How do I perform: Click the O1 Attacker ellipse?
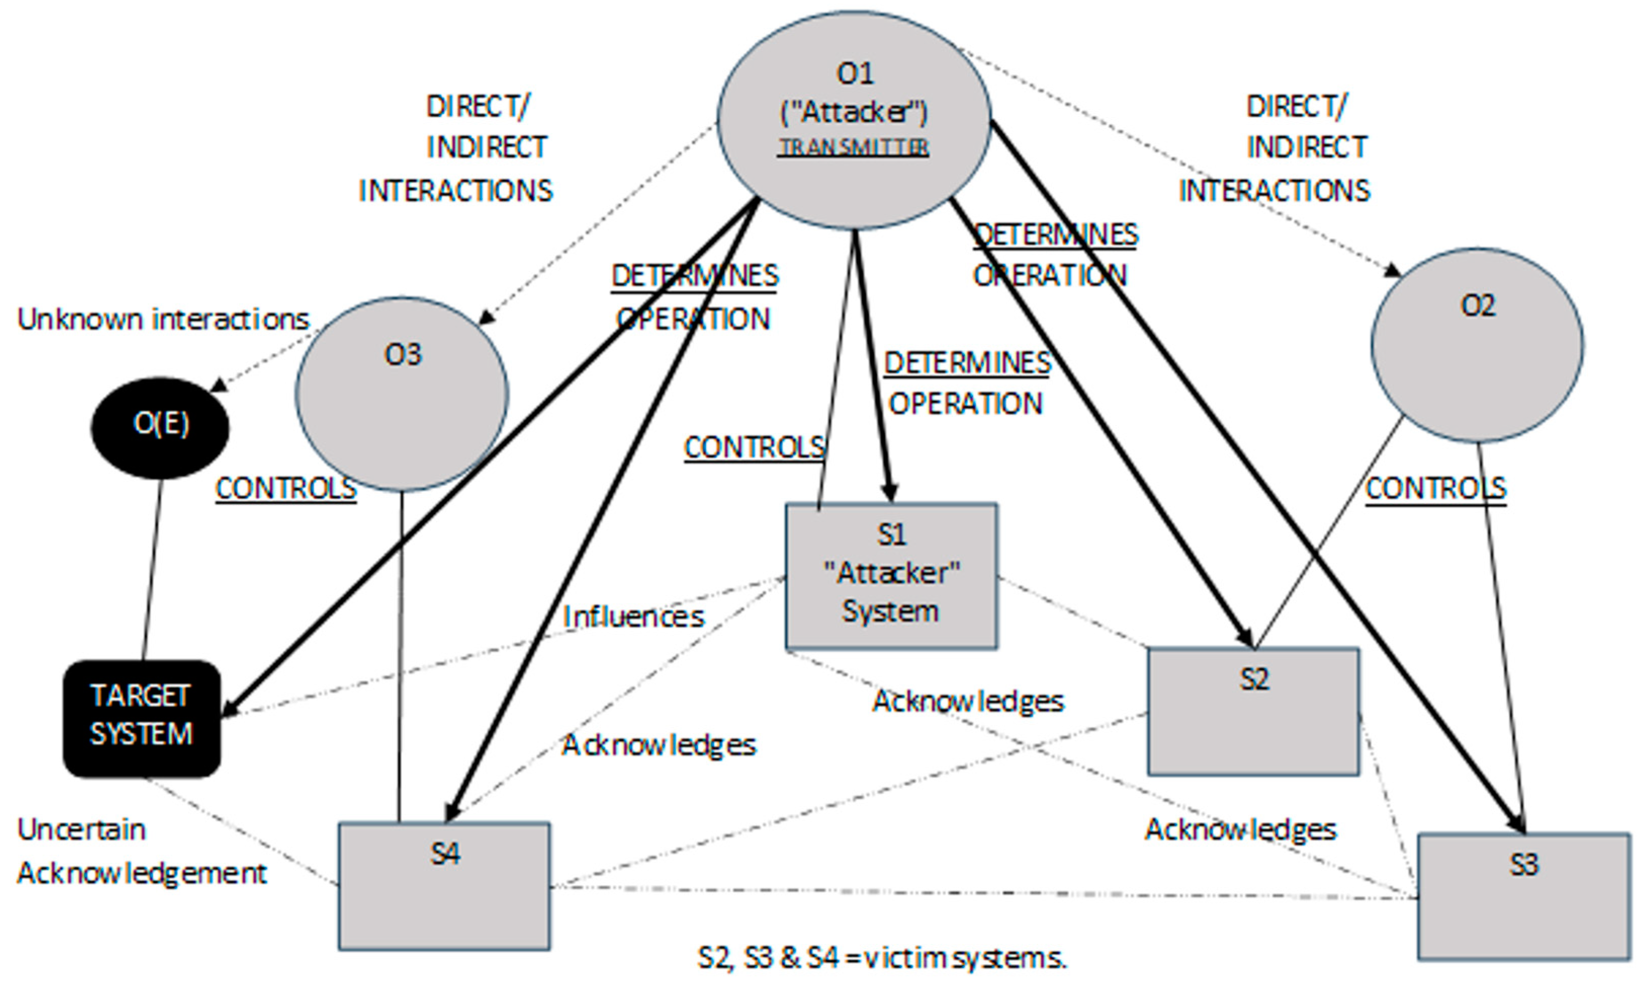(854, 120)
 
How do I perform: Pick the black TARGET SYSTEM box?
(142, 718)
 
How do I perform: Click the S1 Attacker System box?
(892, 575)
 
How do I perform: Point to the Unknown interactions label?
(163, 319)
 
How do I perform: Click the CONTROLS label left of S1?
(754, 447)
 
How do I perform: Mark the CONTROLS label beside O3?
(286, 489)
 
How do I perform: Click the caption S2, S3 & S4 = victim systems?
(882, 958)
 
